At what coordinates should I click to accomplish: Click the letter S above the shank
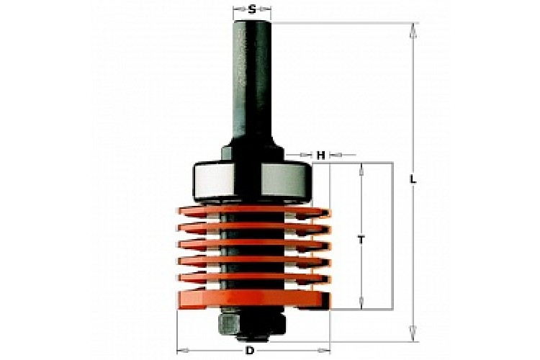[252, 9]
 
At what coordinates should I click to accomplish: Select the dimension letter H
[320, 156]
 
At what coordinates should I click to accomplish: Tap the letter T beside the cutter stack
[361, 240]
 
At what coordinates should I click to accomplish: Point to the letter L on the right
[413, 179]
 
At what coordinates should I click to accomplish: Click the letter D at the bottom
[250, 351]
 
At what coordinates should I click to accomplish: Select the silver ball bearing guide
[252, 182]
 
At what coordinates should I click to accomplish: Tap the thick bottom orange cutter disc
[254, 299]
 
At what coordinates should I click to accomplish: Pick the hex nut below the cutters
[252, 325]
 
